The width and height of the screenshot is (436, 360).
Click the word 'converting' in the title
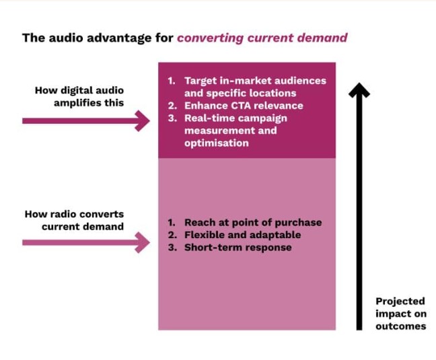[211, 38]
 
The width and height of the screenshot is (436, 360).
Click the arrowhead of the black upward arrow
[359, 90]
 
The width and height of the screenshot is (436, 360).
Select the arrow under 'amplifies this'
[86, 121]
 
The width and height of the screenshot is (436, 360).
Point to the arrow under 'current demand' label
[86, 243]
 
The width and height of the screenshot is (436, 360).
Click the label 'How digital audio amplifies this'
[79, 96]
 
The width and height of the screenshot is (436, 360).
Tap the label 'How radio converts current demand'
[75, 220]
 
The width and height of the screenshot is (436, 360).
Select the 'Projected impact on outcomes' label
[401, 314]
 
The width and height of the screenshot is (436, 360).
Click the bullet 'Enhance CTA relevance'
[244, 106]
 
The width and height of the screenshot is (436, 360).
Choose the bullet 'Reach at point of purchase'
[253, 223]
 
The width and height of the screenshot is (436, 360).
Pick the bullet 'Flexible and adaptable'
[242, 235]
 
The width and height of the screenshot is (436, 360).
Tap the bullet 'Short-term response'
[238, 248]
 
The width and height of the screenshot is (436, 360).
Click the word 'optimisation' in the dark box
[217, 143]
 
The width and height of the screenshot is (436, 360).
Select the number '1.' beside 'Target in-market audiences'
[172, 81]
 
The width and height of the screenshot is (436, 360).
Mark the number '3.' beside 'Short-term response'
[172, 248]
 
